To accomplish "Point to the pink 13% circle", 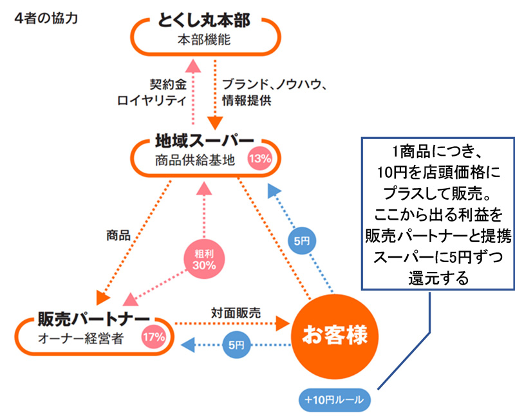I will click(x=260, y=158).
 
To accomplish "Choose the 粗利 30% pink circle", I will click(x=203, y=258).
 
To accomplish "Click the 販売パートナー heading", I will click(x=94, y=318).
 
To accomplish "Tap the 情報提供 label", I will click(x=247, y=100).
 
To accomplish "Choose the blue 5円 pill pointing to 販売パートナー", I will click(x=235, y=345).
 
